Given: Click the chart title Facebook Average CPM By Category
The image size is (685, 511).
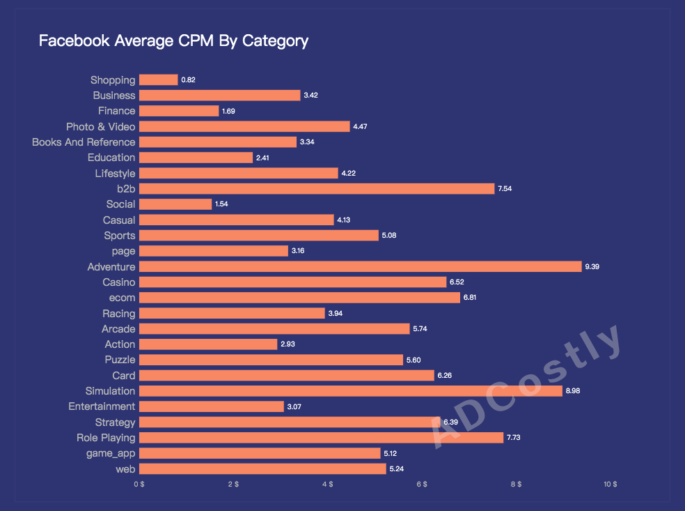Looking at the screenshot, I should click(x=173, y=40).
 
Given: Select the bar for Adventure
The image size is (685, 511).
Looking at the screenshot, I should click(x=360, y=266).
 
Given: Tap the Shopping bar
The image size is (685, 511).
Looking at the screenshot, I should click(x=158, y=79).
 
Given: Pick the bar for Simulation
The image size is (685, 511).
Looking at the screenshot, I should click(x=350, y=391).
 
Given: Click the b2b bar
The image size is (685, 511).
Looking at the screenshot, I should click(x=317, y=188).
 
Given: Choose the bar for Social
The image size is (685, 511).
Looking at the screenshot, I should click(x=175, y=204).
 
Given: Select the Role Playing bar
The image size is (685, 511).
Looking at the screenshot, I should click(x=321, y=438).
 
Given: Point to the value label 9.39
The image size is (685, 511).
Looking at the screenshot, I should click(x=592, y=266).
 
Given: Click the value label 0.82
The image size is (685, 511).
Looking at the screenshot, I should click(x=188, y=80).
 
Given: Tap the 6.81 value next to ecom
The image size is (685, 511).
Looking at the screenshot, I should click(x=471, y=298).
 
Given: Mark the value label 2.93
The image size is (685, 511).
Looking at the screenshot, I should click(x=288, y=344).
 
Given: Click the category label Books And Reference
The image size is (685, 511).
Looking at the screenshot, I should click(x=84, y=142).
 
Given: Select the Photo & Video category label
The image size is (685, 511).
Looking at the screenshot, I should click(x=100, y=126).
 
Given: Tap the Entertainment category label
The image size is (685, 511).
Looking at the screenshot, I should click(x=102, y=406).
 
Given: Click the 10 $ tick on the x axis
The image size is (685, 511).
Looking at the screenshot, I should click(x=610, y=484).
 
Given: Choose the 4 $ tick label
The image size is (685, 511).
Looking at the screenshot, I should click(x=327, y=484).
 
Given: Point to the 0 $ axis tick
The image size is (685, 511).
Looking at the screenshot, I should click(x=139, y=484).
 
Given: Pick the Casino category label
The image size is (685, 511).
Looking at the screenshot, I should click(x=118, y=282).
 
